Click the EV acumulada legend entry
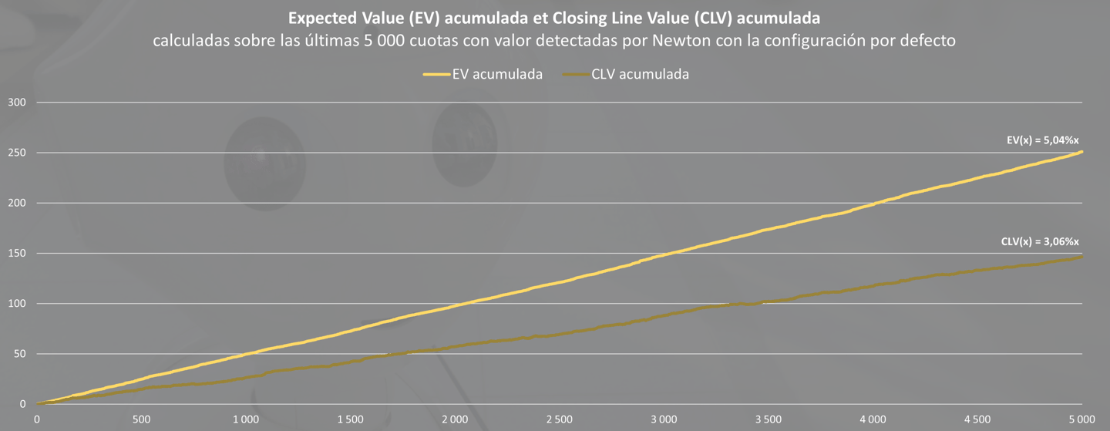tap(483, 74)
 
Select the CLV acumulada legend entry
tap(626, 74)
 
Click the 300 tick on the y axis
tap(17, 102)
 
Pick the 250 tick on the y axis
tap(17, 153)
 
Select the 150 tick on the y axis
tap(17, 253)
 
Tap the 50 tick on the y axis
tap(20, 354)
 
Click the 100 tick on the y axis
tap(17, 304)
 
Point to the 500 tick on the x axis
tap(142, 419)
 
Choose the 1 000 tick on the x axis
tap(246, 419)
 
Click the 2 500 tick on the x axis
tap(559, 419)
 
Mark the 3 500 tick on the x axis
tap(768, 419)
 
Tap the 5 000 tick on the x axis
tap(1081, 419)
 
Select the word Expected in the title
tap(321, 18)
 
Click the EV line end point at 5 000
tap(1082, 151)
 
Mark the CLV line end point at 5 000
tap(1082, 256)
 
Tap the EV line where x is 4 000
tap(873, 204)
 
